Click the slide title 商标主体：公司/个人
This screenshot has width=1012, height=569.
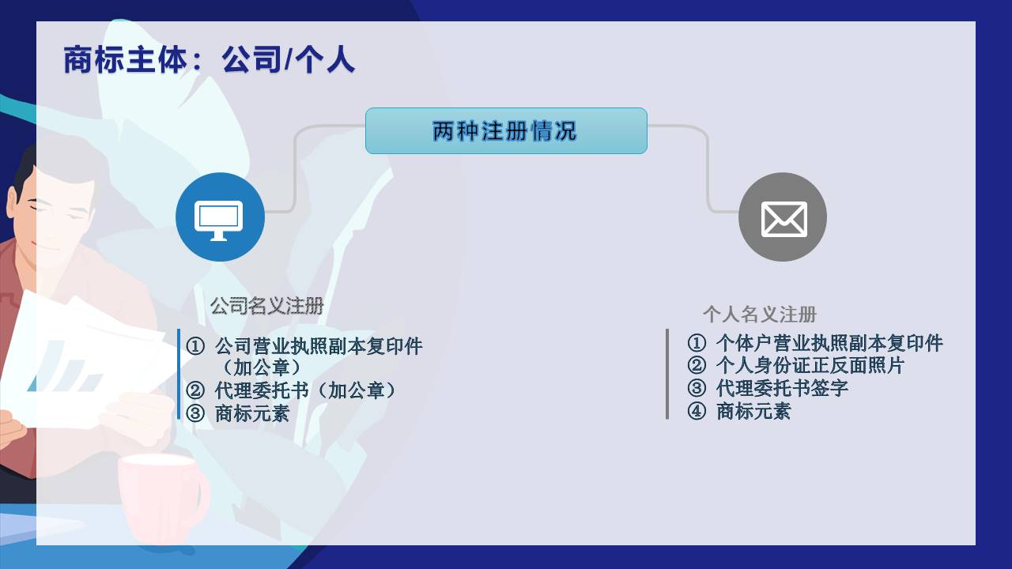[209, 59]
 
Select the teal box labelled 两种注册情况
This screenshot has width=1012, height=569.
[506, 131]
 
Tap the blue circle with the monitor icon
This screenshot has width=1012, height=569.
[220, 217]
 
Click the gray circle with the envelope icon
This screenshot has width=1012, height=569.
[783, 217]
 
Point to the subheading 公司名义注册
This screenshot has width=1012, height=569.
[267, 306]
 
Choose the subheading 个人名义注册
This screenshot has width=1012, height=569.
[760, 315]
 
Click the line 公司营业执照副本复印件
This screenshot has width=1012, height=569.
[319, 346]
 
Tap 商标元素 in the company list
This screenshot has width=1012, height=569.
[251, 413]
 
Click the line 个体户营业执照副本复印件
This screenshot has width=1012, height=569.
[829, 343]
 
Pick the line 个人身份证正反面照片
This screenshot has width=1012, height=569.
[810, 365]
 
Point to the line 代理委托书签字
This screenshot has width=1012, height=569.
[782, 388]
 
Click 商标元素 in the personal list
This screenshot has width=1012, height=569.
[753, 411]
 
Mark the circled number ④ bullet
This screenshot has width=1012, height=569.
[697, 412]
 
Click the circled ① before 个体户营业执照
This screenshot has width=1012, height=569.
[697, 343]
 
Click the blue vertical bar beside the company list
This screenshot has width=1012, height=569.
[179, 374]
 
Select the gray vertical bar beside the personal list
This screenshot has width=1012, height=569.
[667, 374]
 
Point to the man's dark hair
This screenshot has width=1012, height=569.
[24, 171]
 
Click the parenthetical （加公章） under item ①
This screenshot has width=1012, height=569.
[261, 367]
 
